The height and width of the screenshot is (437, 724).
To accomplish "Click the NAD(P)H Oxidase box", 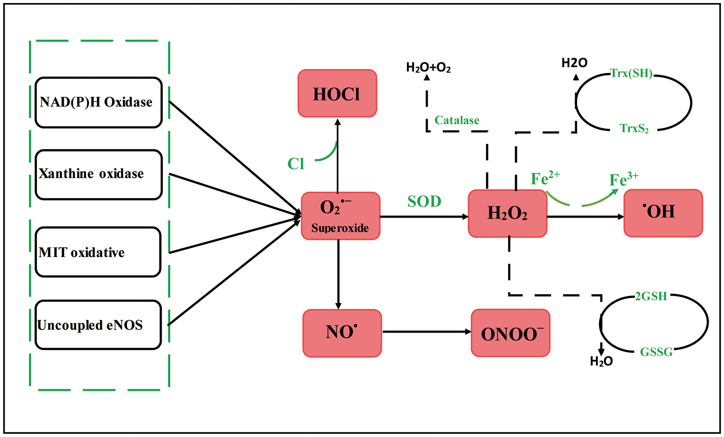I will pos(98,102).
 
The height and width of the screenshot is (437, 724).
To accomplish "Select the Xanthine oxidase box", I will pos(98,174).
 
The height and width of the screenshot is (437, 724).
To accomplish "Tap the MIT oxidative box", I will pos(98,252).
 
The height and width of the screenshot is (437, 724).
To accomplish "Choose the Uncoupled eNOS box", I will pos(98,325).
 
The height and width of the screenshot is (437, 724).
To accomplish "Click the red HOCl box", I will pos(337,94).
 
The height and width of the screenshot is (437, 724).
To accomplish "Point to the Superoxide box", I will pos(340,216).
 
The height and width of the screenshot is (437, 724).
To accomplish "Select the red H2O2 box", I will pos(507,213).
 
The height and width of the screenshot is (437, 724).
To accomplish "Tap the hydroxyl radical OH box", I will pos(663,213).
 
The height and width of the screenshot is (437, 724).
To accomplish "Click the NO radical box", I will pos(342,333).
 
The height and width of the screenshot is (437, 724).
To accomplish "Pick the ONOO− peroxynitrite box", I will pos(510,333).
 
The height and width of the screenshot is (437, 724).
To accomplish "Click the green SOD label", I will pos(424,201).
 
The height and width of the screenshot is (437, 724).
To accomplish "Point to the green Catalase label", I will pos(456,120).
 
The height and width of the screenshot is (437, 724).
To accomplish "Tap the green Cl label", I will pos(296,164).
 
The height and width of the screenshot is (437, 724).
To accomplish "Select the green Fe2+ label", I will pos(545,178).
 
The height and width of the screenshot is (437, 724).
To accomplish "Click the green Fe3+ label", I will pos(623,179).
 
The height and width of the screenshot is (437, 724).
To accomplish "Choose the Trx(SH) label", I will pos(631,73).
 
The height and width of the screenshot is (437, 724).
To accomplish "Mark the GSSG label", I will pos(656,351).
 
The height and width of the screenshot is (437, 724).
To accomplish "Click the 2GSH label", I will pos(651,296).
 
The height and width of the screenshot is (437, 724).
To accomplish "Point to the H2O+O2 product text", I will pos(428,67).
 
